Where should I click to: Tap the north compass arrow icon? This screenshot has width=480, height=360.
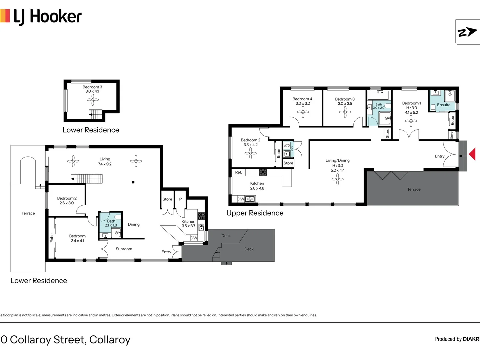pyautogui.click(x=467, y=32)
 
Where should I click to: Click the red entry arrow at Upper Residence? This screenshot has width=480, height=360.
pyautogui.click(x=472, y=154)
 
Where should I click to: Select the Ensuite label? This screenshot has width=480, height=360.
pyautogui.click(x=443, y=105)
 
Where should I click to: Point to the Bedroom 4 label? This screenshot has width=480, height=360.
pyautogui.click(x=302, y=99)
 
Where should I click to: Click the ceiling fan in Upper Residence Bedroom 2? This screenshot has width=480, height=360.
pyautogui.click(x=250, y=153)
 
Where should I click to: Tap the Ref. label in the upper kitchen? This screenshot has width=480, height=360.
pyautogui.click(x=238, y=172)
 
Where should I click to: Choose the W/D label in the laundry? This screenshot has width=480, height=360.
pyautogui.click(x=286, y=146)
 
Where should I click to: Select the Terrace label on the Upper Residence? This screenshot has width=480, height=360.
pyautogui.click(x=414, y=189)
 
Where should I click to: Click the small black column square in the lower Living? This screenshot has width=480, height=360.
pyautogui.click(x=133, y=182)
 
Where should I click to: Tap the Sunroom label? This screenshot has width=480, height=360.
pyautogui.click(x=124, y=249)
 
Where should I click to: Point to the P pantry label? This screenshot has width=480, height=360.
pyautogui.click(x=180, y=199)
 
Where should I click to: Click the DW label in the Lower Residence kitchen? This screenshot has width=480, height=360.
pyautogui.click(x=194, y=238)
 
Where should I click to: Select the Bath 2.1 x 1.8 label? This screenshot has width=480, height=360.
pyautogui.click(x=111, y=223)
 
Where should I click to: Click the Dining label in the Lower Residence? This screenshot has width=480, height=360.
pyautogui.click(x=133, y=224)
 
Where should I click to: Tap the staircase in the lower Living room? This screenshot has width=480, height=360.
pyautogui.click(x=87, y=179)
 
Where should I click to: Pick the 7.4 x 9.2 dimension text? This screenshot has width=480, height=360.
pyautogui.click(x=105, y=164)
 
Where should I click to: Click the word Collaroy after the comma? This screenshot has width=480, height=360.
pyautogui.click(x=110, y=340)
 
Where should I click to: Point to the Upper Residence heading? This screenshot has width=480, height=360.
pyautogui.click(x=255, y=213)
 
